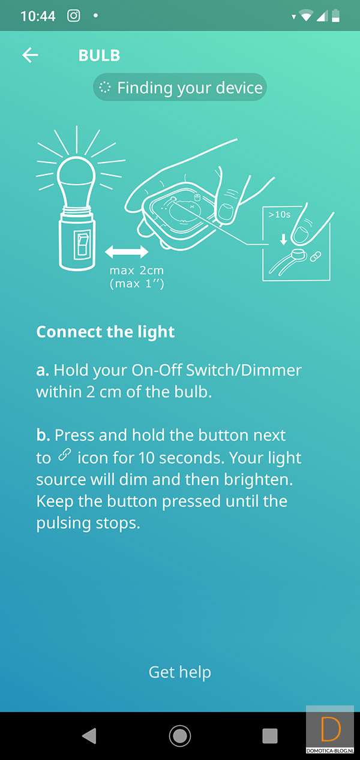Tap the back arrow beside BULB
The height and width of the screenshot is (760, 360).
point(30,55)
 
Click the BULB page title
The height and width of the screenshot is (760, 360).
point(99,56)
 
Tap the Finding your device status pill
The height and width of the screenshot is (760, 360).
point(180,88)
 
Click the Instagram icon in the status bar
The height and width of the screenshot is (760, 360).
point(74,16)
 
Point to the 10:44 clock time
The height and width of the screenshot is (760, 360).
point(38,16)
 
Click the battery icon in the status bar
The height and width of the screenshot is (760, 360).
point(335,16)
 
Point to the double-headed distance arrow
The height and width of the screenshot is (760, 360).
point(127,252)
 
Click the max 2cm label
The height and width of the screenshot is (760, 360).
point(137,271)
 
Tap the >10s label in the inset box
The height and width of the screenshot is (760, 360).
point(279,214)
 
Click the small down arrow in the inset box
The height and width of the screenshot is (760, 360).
point(283,239)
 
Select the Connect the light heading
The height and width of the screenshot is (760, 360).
point(106,332)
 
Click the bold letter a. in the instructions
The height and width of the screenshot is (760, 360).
point(43,370)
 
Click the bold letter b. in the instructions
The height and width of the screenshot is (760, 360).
point(43,435)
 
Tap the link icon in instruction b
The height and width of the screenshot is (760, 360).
point(64,455)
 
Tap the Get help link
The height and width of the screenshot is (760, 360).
point(180,672)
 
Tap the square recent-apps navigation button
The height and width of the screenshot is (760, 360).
point(270,736)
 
